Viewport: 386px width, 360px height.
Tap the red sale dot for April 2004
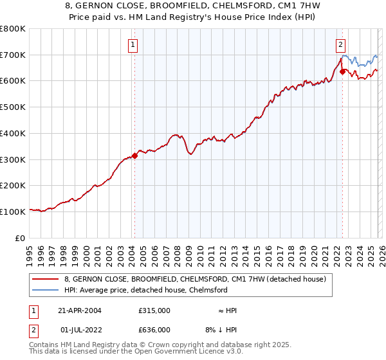pyautogui.click(x=134, y=155)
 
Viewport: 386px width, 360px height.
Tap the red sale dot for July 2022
pyautogui.click(x=342, y=71)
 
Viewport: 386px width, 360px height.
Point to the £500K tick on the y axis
pyautogui.click(x=13, y=107)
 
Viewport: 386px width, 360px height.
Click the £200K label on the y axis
pyautogui.click(x=13, y=185)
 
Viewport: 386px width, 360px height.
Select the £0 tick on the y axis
pyautogui.click(x=19, y=238)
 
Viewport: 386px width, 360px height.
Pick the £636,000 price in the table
pyautogui.click(x=154, y=330)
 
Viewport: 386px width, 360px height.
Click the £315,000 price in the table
pyautogui.click(x=154, y=310)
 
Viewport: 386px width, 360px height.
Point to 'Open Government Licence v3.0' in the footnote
pyautogui.click(x=187, y=352)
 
